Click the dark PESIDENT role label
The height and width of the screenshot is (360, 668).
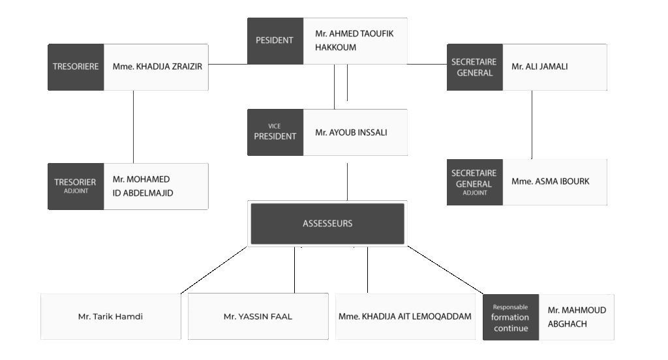click(275, 41)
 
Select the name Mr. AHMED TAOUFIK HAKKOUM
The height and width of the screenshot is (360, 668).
click(354, 40)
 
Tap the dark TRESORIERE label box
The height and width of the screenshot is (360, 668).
click(76, 67)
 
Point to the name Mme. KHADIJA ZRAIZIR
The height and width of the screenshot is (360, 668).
click(157, 67)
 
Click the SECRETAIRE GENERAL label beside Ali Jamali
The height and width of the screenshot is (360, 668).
click(475, 67)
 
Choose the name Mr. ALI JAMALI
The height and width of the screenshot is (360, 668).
click(539, 67)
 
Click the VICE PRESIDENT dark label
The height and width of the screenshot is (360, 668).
click(275, 132)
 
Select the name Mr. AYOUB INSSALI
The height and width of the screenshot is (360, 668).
click(351, 132)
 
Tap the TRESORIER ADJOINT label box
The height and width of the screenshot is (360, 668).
click(76, 186)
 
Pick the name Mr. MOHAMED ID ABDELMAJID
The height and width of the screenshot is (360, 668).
click(143, 186)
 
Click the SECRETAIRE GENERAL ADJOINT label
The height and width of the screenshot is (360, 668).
click(475, 183)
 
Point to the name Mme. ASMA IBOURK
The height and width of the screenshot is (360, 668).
click(551, 181)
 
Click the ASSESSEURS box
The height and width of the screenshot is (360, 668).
click(327, 224)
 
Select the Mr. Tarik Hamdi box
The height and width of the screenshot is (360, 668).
click(111, 316)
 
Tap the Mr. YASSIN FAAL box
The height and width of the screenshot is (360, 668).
click(258, 316)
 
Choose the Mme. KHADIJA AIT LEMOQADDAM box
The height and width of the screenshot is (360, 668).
click(405, 316)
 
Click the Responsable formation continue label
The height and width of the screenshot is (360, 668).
click(511, 318)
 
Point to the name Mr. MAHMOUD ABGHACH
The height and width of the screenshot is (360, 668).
click(577, 317)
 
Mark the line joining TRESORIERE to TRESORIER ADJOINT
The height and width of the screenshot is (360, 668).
click(133, 127)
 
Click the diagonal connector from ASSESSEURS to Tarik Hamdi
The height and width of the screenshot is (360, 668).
click(214, 270)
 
